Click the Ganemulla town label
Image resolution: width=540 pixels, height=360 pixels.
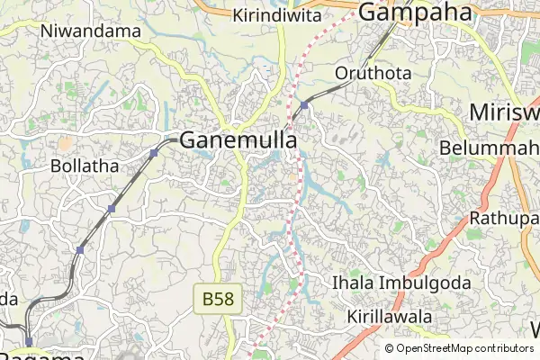coord(238,139)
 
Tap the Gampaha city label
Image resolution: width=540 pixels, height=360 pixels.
coord(416,12)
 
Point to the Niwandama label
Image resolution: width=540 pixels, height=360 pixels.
coord(91,31)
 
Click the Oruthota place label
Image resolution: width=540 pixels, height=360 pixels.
coord(373,72)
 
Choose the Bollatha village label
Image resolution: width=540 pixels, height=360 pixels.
coord(85,166)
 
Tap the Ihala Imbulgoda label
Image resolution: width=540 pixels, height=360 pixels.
coord(400,283)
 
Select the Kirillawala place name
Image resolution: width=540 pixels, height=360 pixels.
coord(390,317)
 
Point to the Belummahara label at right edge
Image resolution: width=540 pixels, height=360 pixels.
coord(490,148)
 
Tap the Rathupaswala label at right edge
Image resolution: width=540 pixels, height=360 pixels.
coord(504,219)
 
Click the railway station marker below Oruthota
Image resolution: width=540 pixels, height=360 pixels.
coord(305,105)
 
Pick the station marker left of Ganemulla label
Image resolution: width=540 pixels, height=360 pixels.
coord(154,153)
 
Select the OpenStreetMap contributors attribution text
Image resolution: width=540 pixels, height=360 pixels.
coord(464,348)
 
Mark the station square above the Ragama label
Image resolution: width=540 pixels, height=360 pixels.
coord(29,341)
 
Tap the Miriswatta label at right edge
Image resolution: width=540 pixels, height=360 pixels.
coord(504,113)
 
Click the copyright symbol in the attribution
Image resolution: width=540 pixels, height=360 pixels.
coord(390,348)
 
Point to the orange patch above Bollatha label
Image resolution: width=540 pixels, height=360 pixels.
coord(64,142)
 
